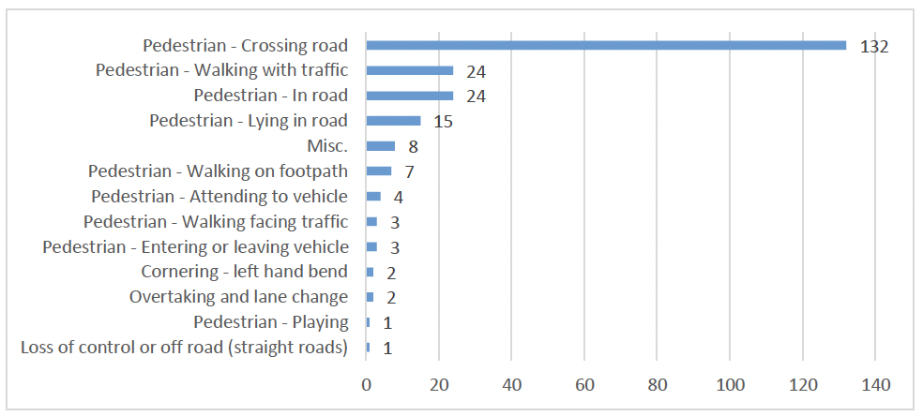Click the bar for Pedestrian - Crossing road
(606, 45)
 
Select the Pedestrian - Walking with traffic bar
(410, 70)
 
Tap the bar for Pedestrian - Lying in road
(393, 121)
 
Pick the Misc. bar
(381, 146)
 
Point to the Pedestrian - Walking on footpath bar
(379, 171)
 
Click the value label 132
(873, 46)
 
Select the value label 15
(442, 122)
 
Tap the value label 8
(412, 147)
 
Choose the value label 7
(408, 172)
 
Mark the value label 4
(398, 198)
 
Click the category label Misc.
(327, 146)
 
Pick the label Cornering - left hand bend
(244, 272)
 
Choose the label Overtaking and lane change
(238, 297)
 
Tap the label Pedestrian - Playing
(271, 322)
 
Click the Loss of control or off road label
(184, 348)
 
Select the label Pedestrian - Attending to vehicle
(219, 197)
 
